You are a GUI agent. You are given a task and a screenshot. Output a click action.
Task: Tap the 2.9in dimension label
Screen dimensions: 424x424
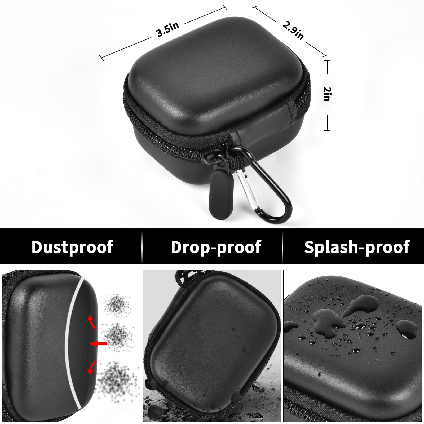coord(293,31)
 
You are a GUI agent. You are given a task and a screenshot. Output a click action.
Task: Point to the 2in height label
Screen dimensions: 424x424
coord(326,94)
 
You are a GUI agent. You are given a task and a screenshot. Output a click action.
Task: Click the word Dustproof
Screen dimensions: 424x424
coord(72,247)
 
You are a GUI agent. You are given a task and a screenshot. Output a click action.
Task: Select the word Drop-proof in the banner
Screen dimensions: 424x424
coord(216,247)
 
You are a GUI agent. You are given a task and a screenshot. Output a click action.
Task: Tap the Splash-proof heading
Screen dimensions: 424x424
coord(357,247)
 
